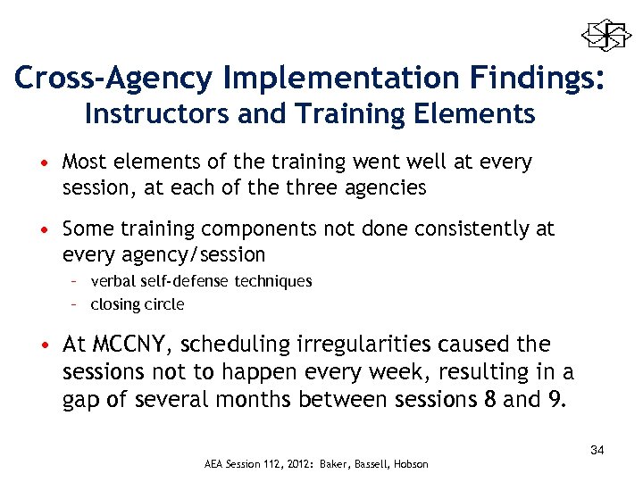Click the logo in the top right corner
pos(606,36)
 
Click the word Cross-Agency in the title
pos(113,79)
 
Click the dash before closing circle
pos(78,304)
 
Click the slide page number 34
pos(597,450)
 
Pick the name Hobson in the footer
pos(410,464)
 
